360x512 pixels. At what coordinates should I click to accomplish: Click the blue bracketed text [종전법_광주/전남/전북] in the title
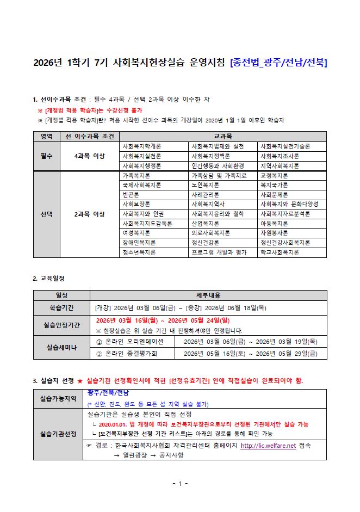[278, 63]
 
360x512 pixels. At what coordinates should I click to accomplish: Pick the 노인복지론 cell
[204, 185]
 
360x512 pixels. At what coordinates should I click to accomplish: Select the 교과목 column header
[223, 136]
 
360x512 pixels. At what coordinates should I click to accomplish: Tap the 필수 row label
[47, 156]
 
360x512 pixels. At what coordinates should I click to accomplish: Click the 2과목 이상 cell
[90, 214]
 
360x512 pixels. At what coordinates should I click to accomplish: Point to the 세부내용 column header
[208, 295]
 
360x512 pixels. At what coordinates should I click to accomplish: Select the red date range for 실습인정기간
[163, 320]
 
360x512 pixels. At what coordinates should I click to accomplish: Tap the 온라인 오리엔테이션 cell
[133, 342]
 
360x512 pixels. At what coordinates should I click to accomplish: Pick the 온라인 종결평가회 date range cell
[251, 354]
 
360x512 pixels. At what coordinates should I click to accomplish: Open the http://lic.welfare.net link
[268, 446]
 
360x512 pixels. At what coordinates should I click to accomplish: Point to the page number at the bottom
[179, 483]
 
